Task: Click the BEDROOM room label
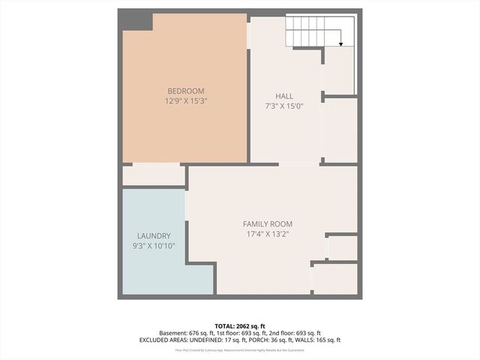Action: [185, 91]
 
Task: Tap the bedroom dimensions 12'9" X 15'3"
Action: [185, 100]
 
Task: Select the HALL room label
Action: [284, 96]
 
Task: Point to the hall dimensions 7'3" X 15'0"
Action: [284, 106]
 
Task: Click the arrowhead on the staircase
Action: [341, 45]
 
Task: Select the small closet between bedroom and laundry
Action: [153, 175]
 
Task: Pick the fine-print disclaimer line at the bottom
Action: [240, 349]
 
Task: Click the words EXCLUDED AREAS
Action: [160, 340]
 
